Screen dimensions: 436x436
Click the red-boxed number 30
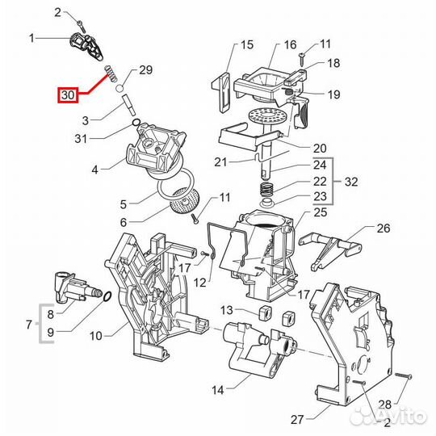66,95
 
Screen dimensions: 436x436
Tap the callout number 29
146,69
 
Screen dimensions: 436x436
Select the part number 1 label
31,38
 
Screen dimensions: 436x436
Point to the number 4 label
94,170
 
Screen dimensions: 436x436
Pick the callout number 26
383,228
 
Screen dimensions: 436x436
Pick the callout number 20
320,148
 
